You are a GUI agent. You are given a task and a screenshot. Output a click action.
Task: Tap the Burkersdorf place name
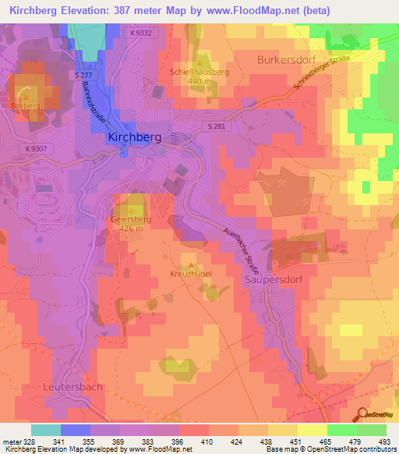[x=288, y=59]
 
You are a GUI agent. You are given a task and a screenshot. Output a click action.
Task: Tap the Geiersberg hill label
[x=129, y=219]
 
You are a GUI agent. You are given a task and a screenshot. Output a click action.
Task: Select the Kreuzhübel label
[x=191, y=275]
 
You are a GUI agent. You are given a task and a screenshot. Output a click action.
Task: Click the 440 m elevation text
[x=199, y=80]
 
